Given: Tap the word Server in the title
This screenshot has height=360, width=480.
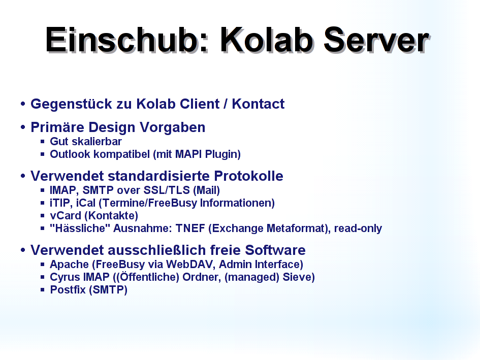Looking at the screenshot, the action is (x=376, y=40).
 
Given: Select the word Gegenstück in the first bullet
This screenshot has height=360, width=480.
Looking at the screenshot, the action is (x=71, y=104).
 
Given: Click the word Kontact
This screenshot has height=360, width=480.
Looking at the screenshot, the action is (x=258, y=104).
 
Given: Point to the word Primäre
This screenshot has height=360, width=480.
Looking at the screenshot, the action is (x=57, y=127).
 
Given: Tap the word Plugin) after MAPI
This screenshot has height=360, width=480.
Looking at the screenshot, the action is (x=223, y=154).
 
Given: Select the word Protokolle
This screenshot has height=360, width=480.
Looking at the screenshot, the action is (x=248, y=176).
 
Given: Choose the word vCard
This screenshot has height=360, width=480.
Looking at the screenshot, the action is (x=66, y=215).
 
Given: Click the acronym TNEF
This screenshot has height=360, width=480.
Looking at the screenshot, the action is (x=190, y=228).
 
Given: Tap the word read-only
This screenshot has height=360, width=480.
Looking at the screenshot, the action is (x=358, y=228).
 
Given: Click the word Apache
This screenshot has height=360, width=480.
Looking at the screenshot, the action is (x=69, y=264).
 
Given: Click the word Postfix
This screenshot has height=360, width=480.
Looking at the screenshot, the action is (x=68, y=289).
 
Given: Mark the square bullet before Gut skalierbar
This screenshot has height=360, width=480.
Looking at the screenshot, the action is (x=43, y=142).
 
